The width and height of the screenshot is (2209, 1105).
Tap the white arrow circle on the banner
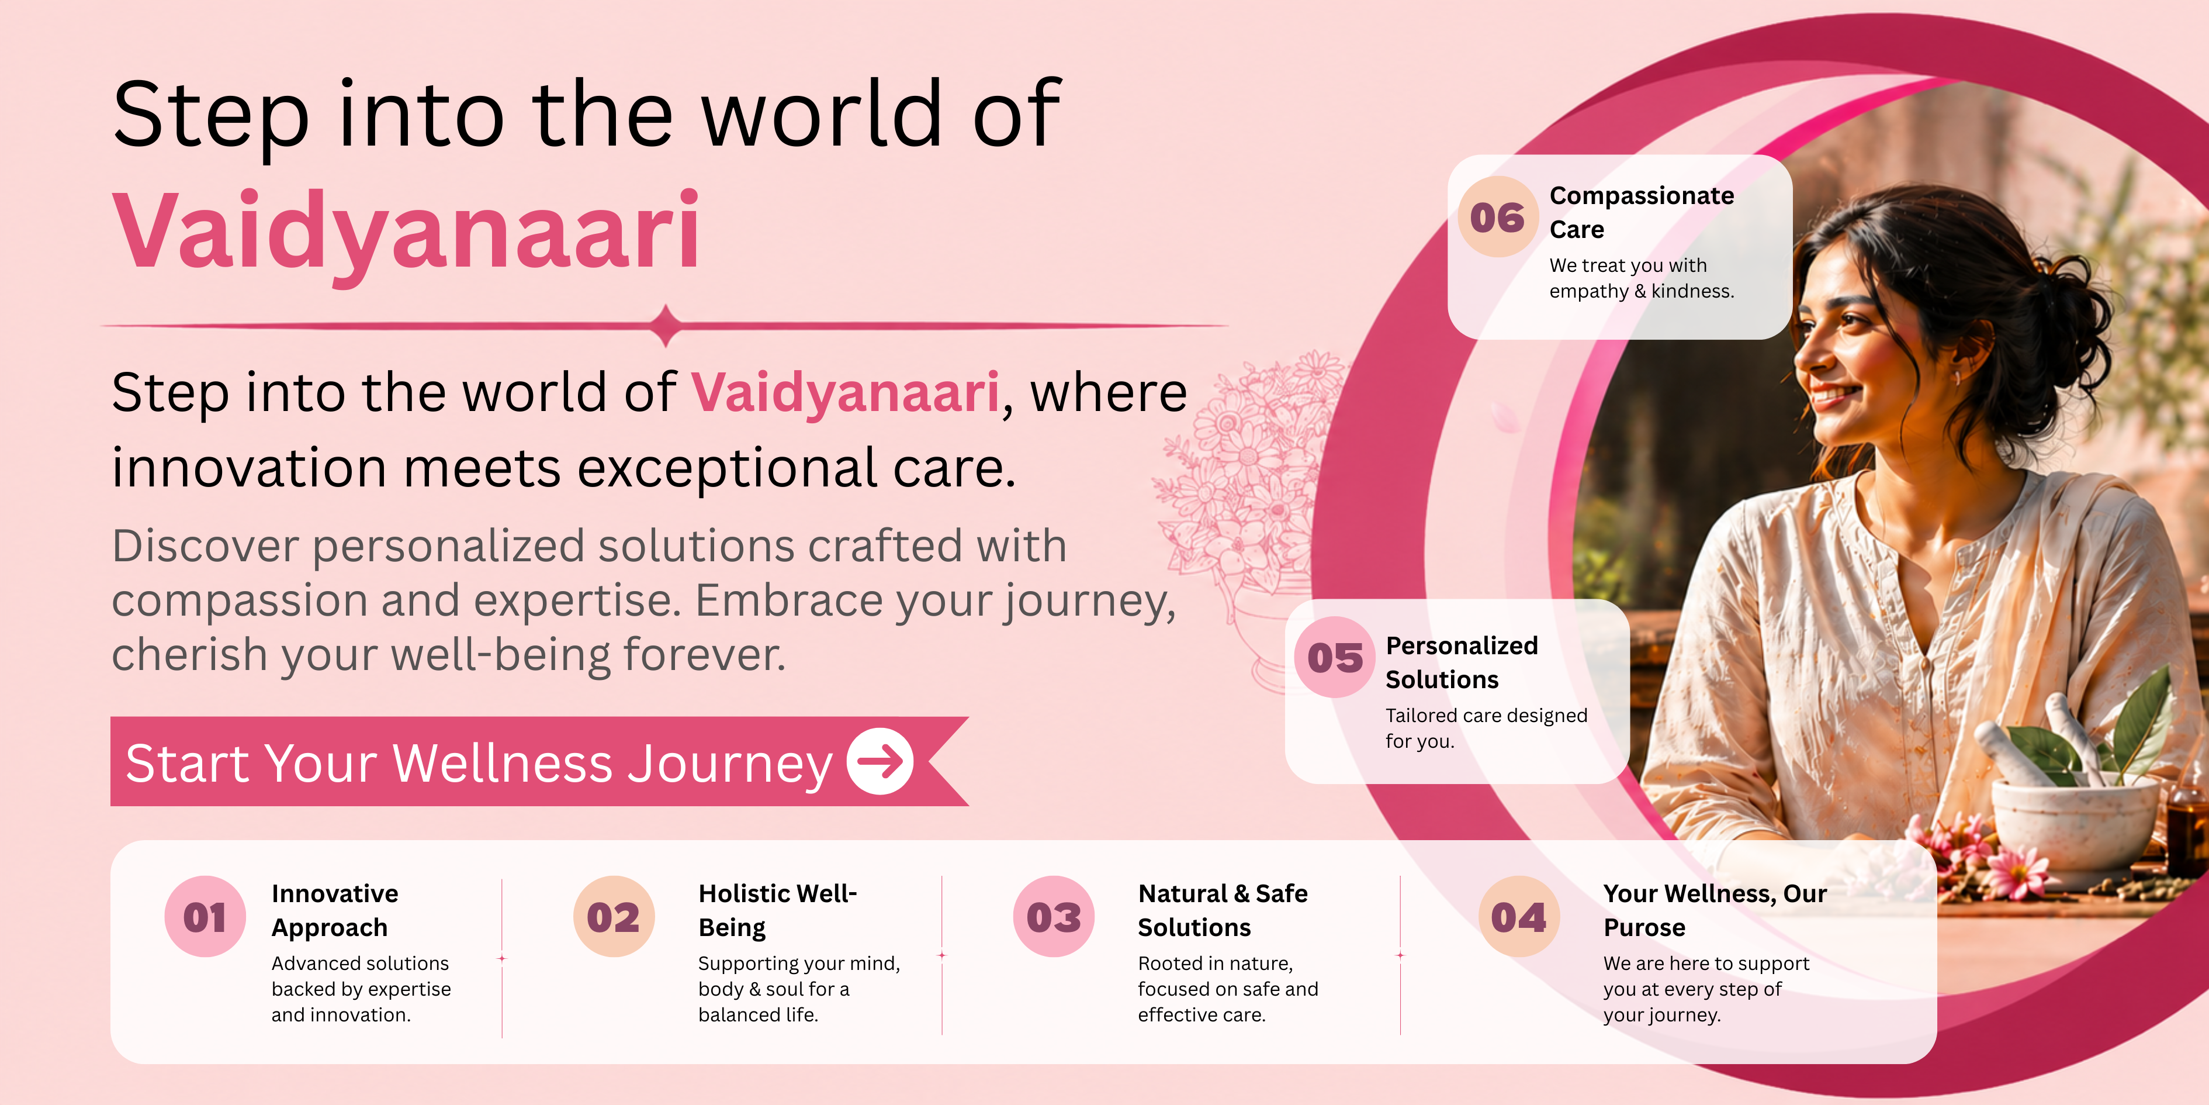[x=880, y=761]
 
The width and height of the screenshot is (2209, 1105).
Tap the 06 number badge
[x=1498, y=217]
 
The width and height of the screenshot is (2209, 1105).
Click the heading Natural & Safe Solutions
[x=1223, y=910]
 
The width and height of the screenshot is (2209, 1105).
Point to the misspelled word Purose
[x=1644, y=927]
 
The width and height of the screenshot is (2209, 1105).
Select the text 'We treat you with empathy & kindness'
[x=1642, y=278]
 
